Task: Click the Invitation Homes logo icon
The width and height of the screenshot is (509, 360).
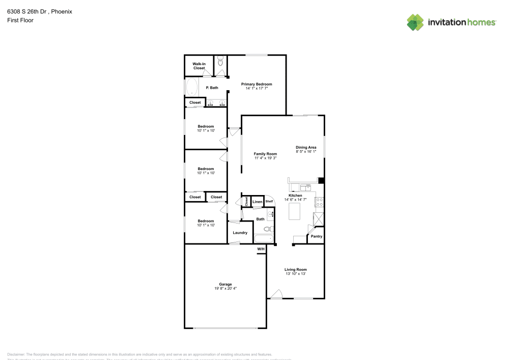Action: tap(415, 22)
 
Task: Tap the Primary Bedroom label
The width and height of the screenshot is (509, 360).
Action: tap(257, 84)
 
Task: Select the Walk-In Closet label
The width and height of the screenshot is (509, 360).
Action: tap(199, 66)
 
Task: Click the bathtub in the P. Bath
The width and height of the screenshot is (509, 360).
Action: tap(191, 87)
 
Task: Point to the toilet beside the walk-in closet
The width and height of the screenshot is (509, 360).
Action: tap(220, 62)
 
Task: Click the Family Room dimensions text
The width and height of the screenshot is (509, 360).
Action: tap(265, 158)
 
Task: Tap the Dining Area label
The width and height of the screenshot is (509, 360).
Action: tap(306, 147)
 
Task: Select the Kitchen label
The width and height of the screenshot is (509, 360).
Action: tap(295, 196)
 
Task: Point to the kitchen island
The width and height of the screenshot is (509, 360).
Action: tap(295, 211)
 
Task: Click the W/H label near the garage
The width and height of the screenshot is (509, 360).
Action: tap(261, 249)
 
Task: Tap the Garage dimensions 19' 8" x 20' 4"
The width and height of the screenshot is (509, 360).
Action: tap(225, 289)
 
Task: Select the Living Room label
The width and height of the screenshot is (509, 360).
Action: tap(295, 269)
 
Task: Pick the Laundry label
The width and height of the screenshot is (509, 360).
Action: tap(240, 233)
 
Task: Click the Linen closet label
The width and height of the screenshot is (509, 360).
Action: tap(257, 202)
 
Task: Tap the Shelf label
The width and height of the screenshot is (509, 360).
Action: tap(269, 202)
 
